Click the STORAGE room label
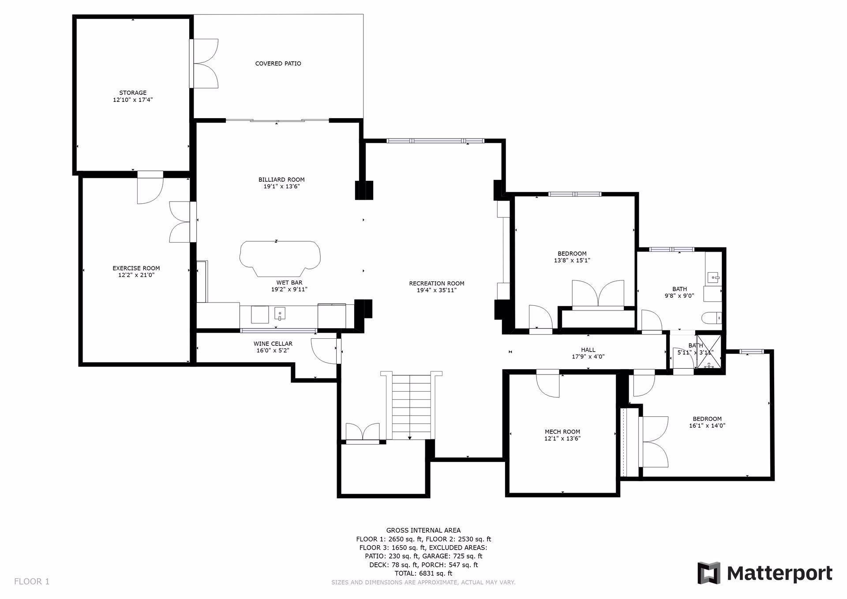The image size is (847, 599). (133, 93)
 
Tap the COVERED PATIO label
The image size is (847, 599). (278, 64)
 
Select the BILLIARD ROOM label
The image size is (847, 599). (281, 180)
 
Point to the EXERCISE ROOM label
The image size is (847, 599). (136, 268)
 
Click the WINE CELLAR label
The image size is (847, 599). (273, 344)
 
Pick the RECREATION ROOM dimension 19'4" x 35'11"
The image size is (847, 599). (437, 290)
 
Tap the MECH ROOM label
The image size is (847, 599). (562, 432)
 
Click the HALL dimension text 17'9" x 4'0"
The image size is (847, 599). (588, 356)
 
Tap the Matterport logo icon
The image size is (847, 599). (708, 573)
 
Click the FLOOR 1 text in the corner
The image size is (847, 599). (32, 581)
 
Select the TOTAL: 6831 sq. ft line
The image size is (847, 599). (423, 573)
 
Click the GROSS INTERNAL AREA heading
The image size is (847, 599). (423, 531)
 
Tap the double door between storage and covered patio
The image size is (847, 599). (204, 64)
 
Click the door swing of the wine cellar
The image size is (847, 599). (324, 351)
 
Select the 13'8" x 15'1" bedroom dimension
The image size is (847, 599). (572, 260)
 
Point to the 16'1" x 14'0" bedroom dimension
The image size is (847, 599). (707, 426)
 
